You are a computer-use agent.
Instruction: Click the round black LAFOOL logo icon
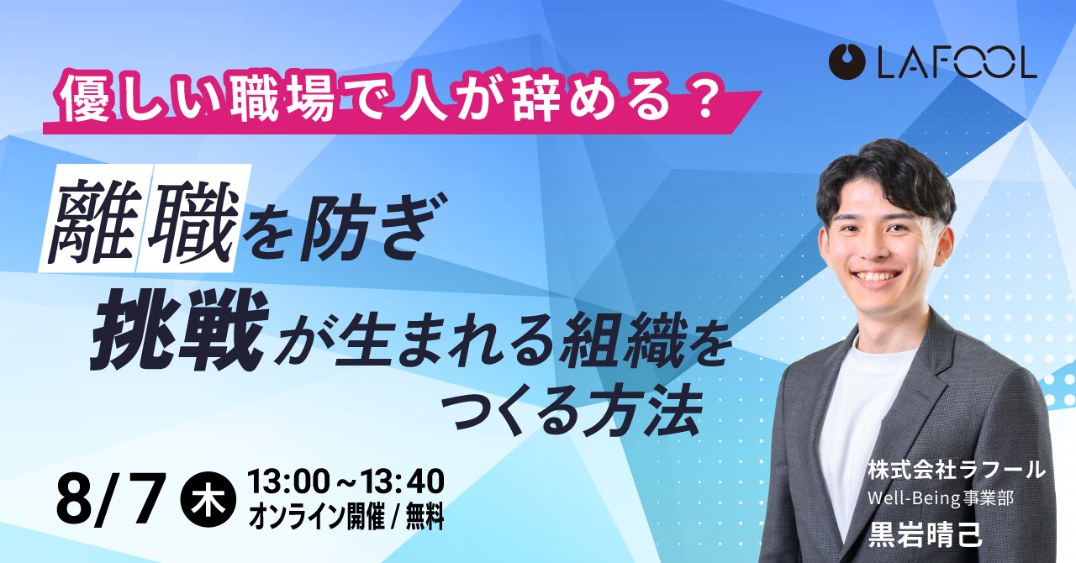click(x=847, y=61)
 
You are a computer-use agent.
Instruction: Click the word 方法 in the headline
click(x=644, y=411)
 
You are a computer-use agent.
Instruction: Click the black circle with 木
click(x=208, y=500)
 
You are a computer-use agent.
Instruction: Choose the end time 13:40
click(x=402, y=481)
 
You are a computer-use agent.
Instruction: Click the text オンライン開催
click(x=317, y=517)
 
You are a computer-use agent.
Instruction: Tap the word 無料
click(x=425, y=517)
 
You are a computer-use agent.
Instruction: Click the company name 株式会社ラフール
click(x=957, y=470)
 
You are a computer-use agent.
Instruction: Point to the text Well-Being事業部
click(x=940, y=498)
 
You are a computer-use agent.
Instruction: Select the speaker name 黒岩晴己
click(x=925, y=534)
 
